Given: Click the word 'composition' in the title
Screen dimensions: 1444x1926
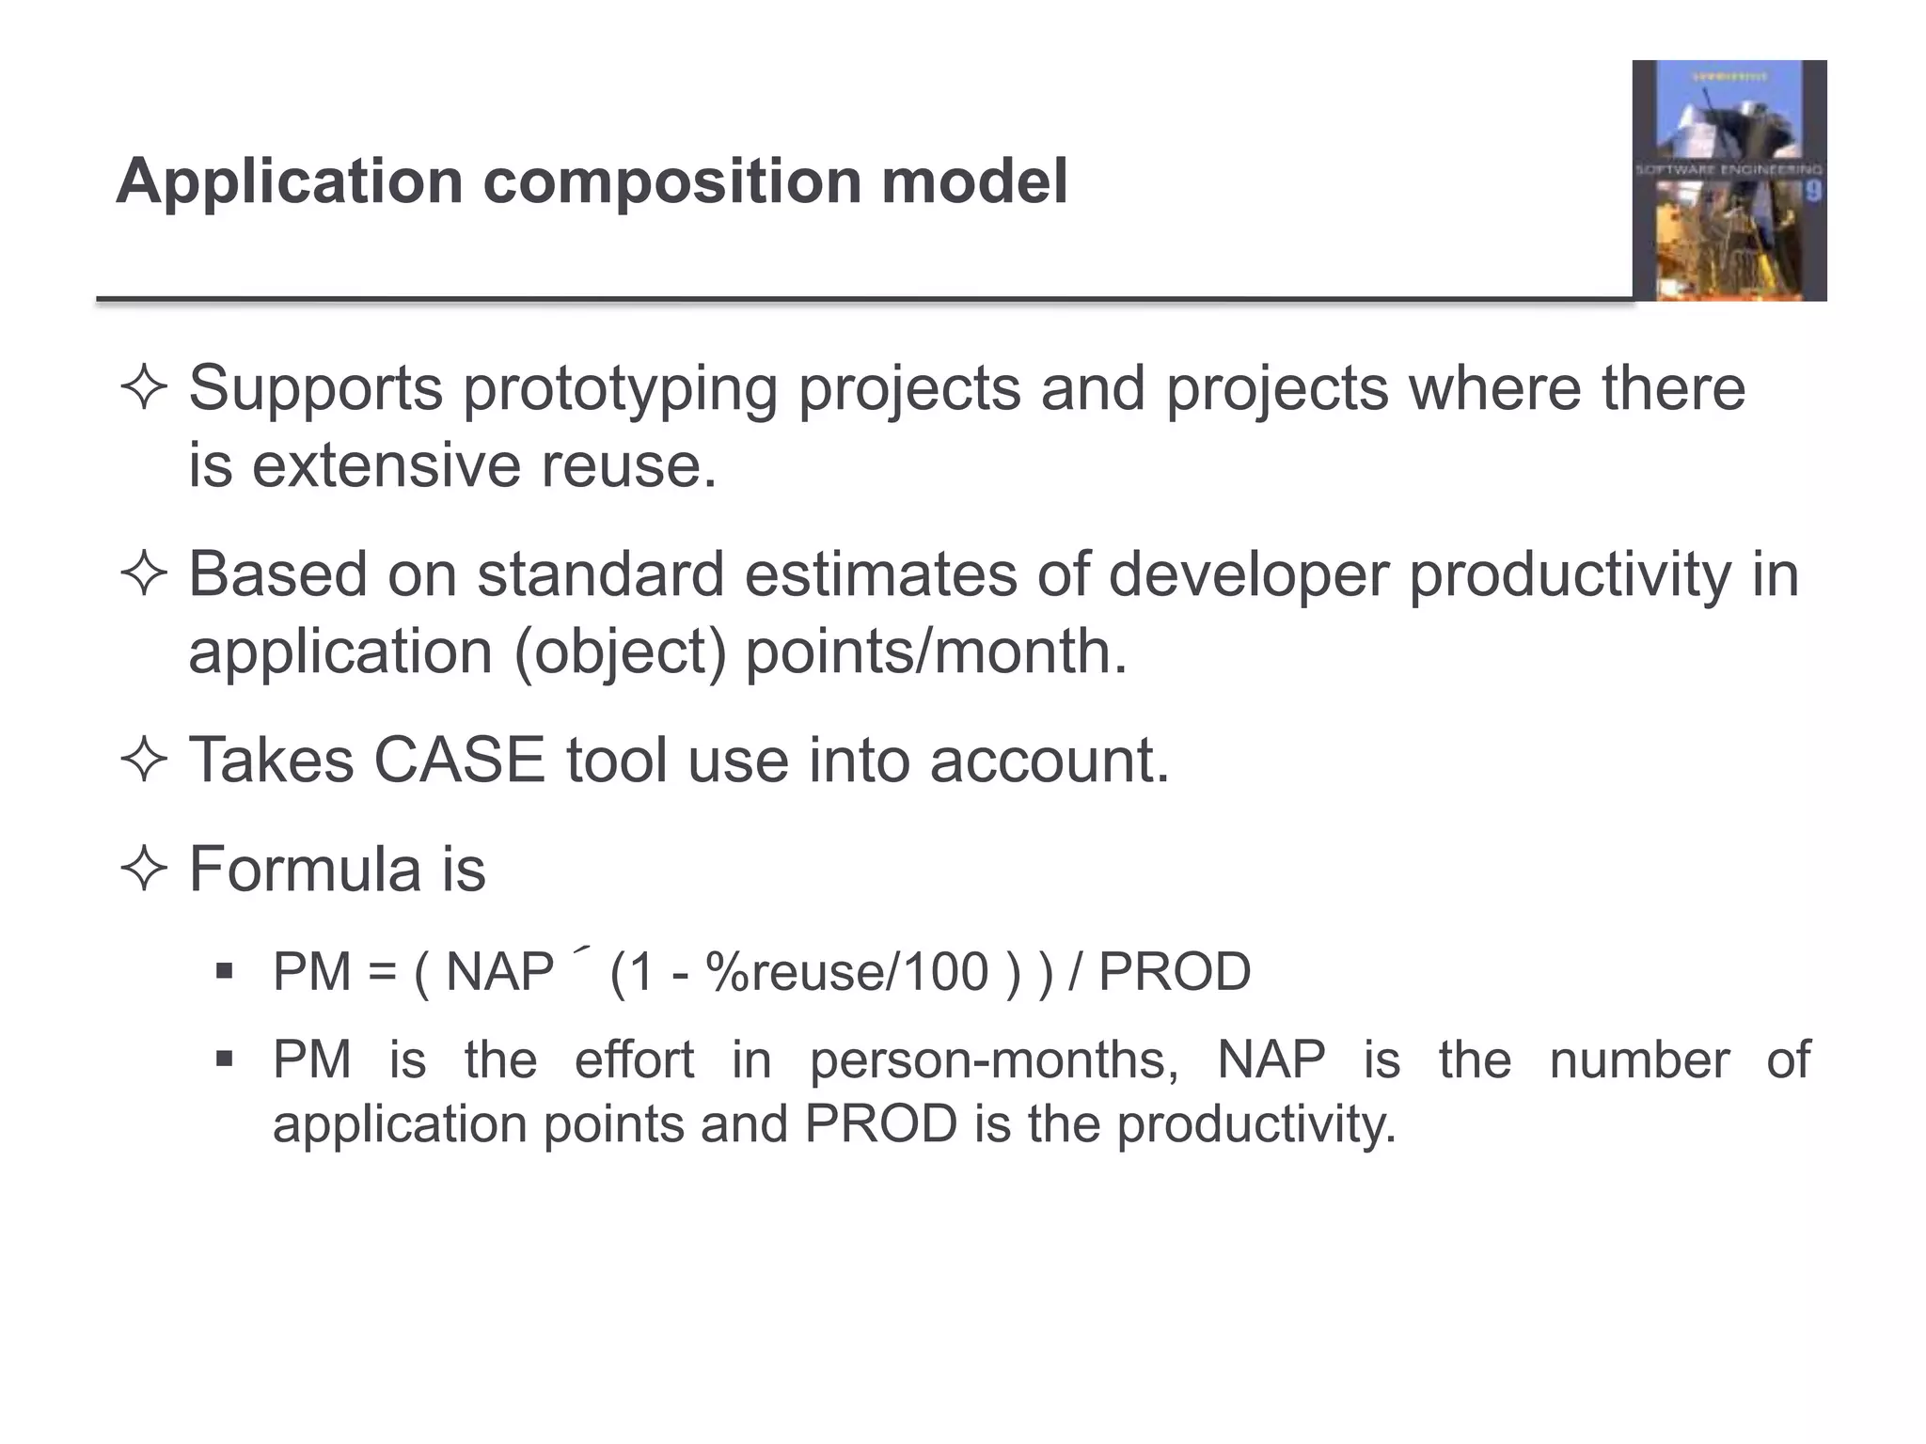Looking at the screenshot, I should [671, 181].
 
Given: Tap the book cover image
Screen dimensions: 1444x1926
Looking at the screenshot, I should [1729, 180].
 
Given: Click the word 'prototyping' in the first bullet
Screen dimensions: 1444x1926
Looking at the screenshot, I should [620, 388].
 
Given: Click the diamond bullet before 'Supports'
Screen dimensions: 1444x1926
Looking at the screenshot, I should [144, 388].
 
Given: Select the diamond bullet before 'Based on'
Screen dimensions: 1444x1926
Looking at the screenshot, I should [144, 574].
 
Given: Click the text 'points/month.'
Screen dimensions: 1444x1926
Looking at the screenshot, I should [936, 651].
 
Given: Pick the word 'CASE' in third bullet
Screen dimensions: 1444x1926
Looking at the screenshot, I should [459, 760].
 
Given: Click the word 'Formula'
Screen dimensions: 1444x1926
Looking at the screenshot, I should [305, 869].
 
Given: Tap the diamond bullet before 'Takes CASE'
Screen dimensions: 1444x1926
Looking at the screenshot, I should [144, 760].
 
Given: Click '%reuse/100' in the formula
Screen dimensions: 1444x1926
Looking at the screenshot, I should [847, 972].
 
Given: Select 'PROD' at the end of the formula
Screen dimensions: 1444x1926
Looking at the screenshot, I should [1174, 972].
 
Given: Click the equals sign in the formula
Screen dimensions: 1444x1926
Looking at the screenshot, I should [382, 972].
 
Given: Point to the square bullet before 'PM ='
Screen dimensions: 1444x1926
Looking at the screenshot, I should [224, 970].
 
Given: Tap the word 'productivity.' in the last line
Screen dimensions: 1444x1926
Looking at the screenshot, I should [1256, 1124].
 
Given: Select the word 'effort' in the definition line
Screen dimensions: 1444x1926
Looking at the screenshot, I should [634, 1060].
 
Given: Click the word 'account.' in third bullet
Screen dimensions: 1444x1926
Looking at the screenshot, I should [1050, 760].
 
